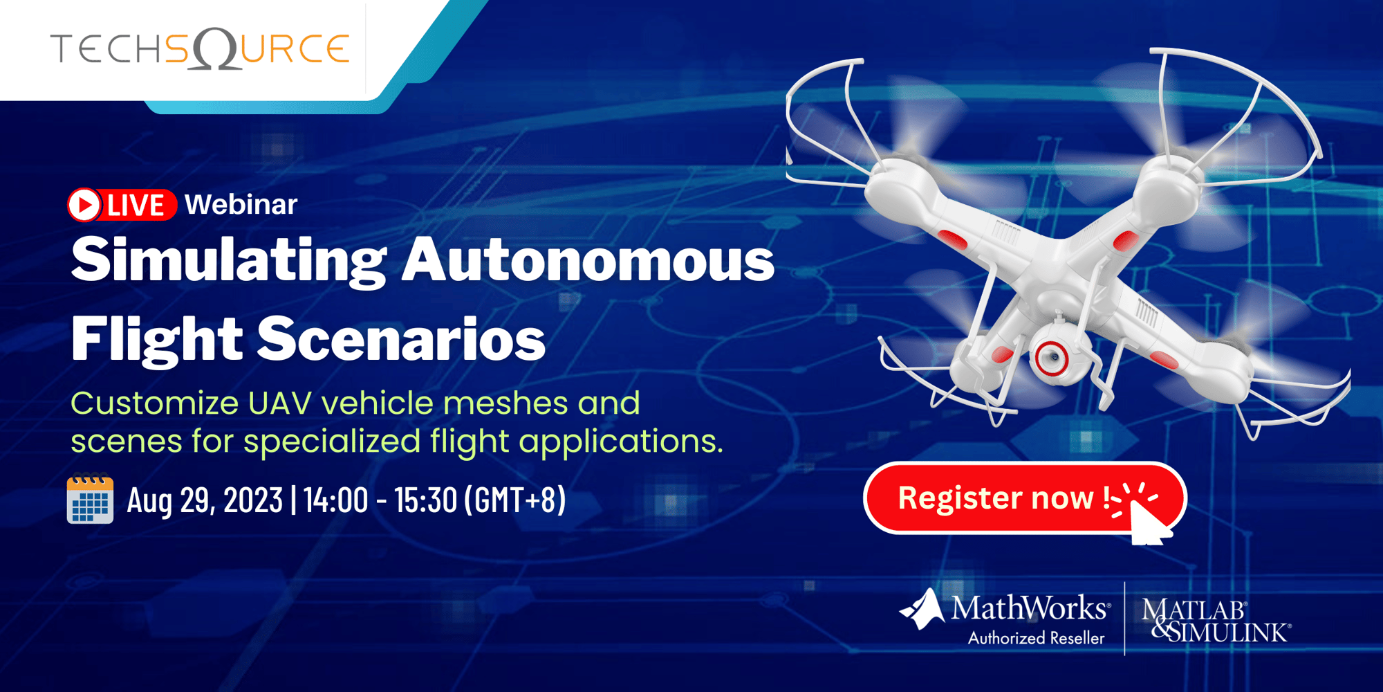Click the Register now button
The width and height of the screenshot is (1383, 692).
pyautogui.click(x=996, y=498)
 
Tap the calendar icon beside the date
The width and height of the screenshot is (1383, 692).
pyautogui.click(x=90, y=500)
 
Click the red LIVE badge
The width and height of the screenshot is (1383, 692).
pyautogui.click(x=122, y=206)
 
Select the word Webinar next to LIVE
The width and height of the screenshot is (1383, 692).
pyautogui.click(x=241, y=205)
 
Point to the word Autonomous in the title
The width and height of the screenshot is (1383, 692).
pyautogui.click(x=588, y=262)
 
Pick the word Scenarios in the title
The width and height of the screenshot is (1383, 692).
pyautogui.click(x=401, y=340)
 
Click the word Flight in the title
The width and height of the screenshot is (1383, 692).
pyautogui.click(x=156, y=340)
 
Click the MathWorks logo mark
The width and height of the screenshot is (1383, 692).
pyautogui.click(x=922, y=609)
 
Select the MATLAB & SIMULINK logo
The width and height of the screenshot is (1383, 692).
pyautogui.click(x=1216, y=620)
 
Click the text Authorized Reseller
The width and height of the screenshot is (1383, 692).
pyautogui.click(x=1036, y=639)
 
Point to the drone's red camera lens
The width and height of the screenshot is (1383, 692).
pyautogui.click(x=1052, y=357)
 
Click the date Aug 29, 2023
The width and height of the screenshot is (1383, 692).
pyautogui.click(x=205, y=500)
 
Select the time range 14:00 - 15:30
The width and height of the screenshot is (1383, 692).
pyautogui.click(x=380, y=500)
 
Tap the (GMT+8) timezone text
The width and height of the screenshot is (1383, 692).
pyautogui.click(x=515, y=500)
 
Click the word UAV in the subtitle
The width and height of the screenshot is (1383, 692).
pyautogui.click(x=281, y=403)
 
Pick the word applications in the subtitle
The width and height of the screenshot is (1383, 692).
pyautogui.click(x=620, y=442)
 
